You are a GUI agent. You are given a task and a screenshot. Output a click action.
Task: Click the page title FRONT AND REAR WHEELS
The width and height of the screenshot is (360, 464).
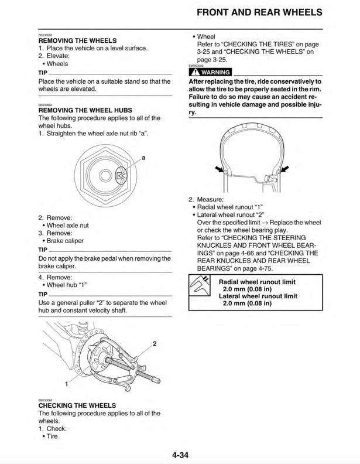point(259,12)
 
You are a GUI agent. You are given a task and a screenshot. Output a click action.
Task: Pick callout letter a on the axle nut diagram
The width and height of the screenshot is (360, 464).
point(143,158)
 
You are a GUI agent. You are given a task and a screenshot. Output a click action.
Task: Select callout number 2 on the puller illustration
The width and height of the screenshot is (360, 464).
point(155,343)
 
